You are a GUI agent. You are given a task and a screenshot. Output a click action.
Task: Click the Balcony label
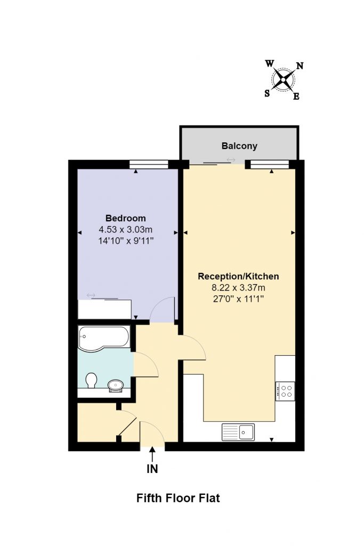(239, 146)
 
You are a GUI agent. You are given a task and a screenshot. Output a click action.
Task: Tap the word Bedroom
(126, 218)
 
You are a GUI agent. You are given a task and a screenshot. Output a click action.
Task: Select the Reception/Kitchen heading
(238, 277)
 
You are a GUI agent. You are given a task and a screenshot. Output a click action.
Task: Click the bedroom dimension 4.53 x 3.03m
(126, 229)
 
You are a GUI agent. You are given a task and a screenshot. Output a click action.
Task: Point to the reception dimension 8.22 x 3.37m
(238, 287)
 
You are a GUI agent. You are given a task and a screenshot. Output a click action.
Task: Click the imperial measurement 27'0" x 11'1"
(238, 299)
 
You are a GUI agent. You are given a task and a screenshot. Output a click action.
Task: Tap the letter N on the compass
(300, 66)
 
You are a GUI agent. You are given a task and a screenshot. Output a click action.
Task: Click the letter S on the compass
(267, 93)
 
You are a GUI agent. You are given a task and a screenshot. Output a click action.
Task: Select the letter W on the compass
(269, 64)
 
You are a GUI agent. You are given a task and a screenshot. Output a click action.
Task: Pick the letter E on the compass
(296, 97)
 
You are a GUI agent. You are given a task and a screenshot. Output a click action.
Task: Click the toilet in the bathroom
(91, 380)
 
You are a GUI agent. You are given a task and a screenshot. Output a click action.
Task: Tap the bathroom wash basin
(116, 385)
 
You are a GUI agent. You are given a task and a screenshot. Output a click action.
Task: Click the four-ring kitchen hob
(285, 391)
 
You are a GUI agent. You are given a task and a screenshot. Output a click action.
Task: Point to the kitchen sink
(238, 432)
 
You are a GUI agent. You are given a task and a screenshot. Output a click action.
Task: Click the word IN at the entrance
(152, 469)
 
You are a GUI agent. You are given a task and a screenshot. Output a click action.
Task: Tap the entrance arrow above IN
(152, 454)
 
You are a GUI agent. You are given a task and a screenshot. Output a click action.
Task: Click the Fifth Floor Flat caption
(178, 499)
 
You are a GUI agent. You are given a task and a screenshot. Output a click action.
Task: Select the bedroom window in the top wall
(149, 164)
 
